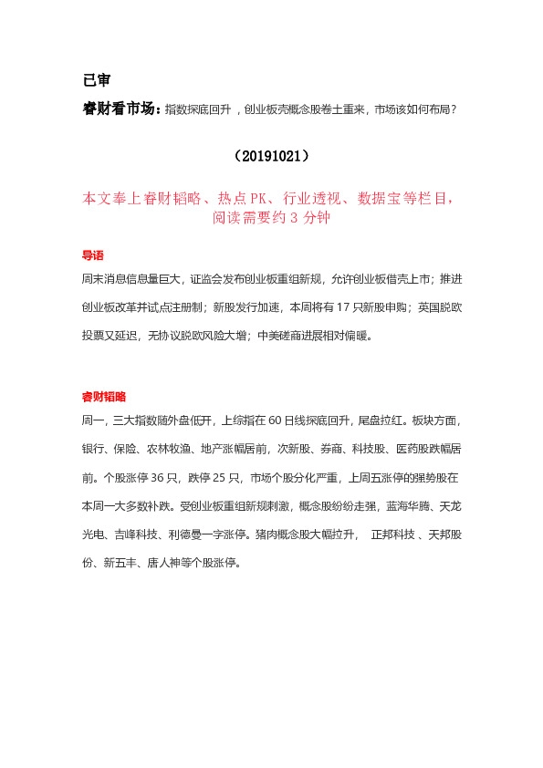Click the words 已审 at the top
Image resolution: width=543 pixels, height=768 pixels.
coord(96,79)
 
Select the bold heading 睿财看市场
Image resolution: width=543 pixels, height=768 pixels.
coord(120,110)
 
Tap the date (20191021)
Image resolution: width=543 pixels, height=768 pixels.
coord(271,156)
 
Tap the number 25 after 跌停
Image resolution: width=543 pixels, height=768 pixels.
coord(222,476)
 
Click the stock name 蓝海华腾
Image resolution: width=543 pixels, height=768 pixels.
coord(409,505)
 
